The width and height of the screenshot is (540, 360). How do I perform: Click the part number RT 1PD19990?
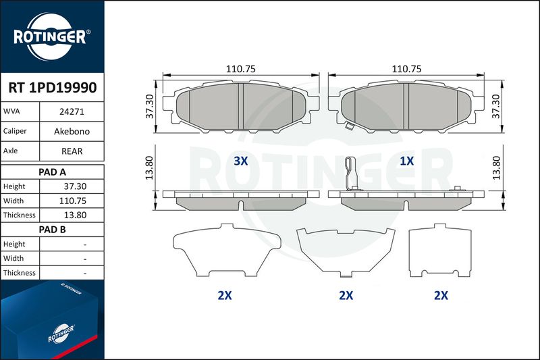(53, 88)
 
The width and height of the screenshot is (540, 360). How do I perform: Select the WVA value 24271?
(72, 111)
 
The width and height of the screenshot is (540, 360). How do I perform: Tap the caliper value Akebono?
(72, 131)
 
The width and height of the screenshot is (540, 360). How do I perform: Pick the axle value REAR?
(72, 151)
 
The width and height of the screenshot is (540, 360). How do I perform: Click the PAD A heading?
(52, 172)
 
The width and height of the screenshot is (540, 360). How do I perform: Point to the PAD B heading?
(52, 230)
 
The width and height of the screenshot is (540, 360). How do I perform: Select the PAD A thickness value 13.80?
(75, 215)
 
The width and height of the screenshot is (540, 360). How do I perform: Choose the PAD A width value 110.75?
(73, 201)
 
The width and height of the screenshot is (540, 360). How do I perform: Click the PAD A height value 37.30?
(75, 186)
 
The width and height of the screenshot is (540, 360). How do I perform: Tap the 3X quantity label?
(241, 161)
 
